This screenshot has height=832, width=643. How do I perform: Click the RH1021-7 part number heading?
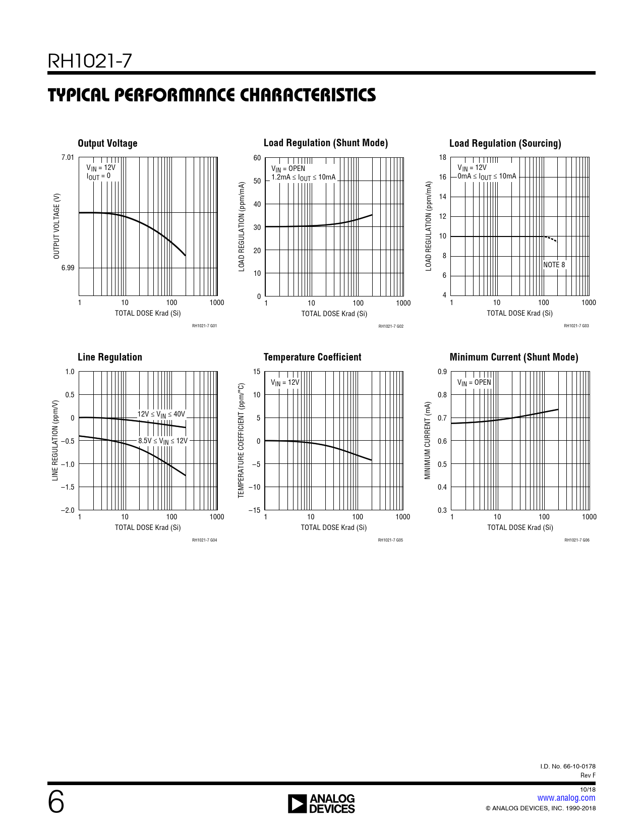(x=90, y=62)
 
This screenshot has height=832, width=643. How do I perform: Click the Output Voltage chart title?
(x=107, y=144)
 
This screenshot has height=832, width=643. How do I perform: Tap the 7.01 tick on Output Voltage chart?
(x=68, y=158)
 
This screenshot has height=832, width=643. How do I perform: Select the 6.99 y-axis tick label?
(x=68, y=268)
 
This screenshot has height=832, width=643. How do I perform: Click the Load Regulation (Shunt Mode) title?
(x=326, y=143)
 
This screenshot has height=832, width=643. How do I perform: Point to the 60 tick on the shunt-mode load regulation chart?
(x=257, y=158)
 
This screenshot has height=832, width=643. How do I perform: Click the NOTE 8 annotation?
(x=554, y=265)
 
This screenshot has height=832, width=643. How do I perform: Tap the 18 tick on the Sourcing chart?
(x=442, y=158)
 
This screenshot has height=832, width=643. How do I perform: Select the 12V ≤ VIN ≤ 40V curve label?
(x=161, y=414)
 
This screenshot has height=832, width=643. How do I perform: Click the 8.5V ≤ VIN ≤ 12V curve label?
(x=163, y=441)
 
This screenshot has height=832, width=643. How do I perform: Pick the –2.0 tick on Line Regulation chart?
(x=68, y=510)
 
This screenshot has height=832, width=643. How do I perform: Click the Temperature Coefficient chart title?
(x=312, y=358)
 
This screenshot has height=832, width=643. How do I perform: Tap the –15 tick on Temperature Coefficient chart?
(x=255, y=510)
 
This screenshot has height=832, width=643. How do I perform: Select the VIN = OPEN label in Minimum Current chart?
(x=474, y=383)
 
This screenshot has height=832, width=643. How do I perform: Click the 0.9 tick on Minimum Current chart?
(x=442, y=372)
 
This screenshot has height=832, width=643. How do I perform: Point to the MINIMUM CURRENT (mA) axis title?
(x=428, y=441)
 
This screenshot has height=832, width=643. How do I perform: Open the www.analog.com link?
(x=566, y=798)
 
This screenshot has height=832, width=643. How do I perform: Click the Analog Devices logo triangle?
(x=297, y=804)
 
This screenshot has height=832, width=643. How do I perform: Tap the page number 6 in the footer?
(x=56, y=802)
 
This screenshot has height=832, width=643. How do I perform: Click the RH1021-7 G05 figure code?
(x=390, y=540)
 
